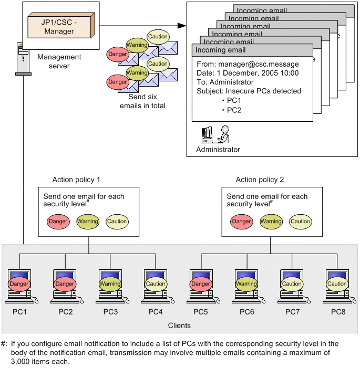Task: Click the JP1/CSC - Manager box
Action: coord(59,27)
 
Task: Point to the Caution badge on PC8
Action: coord(337,284)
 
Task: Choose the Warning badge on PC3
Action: coord(110,284)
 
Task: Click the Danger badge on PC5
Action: coord(201,284)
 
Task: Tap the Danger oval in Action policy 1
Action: coord(58,222)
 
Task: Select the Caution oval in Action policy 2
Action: coord(301,222)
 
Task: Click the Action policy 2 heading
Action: coord(260,180)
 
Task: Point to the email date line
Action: coord(248,73)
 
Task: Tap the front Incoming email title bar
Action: coord(252,50)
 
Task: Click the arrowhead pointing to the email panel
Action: coord(182,25)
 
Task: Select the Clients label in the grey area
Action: coord(179,325)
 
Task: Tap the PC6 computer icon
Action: coord(246,287)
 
